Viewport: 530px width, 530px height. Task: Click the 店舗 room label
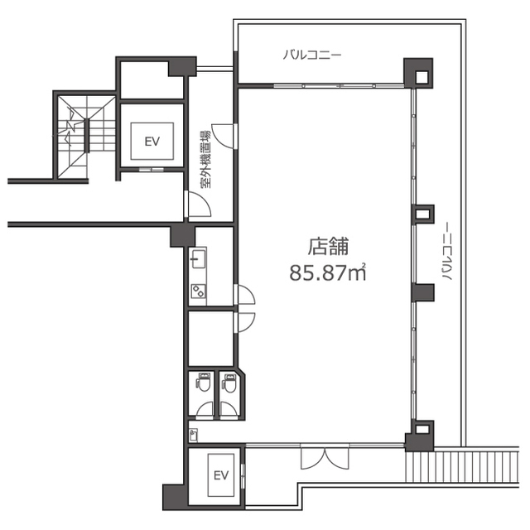click(328, 247)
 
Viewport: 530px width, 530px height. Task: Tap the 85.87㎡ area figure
click(328, 272)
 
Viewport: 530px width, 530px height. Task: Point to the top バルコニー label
click(311, 55)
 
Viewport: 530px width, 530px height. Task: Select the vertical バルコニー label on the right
click(446, 251)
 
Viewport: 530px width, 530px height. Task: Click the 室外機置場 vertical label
click(205, 159)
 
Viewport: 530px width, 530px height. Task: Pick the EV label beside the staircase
click(152, 142)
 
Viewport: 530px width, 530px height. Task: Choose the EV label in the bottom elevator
click(221, 475)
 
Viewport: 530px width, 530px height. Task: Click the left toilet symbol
click(204, 382)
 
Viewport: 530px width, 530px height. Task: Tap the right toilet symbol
click(230, 383)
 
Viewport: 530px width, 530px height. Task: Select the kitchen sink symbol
click(199, 258)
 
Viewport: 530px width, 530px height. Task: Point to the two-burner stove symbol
click(199, 291)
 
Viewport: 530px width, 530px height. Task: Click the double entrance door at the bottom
click(325, 458)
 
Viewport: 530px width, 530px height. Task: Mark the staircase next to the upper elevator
click(86, 137)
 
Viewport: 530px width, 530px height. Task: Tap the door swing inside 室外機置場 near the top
click(223, 136)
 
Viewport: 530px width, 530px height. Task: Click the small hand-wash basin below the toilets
click(193, 435)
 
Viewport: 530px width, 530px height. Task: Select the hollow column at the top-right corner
click(419, 74)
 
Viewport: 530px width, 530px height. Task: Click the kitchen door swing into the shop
click(244, 295)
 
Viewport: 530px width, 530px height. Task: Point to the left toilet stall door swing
click(205, 411)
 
